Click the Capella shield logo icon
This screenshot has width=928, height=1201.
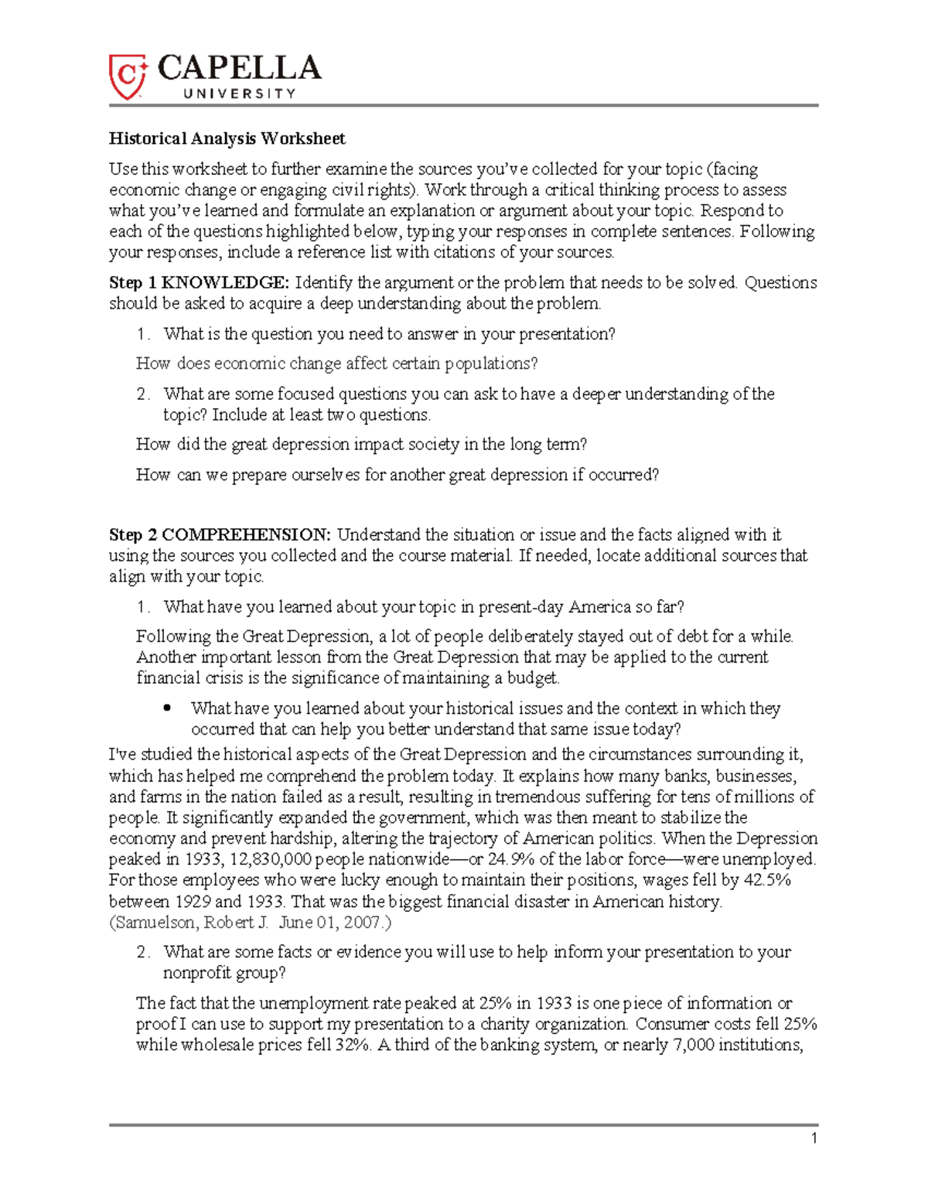[127, 77]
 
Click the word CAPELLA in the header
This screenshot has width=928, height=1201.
[239, 69]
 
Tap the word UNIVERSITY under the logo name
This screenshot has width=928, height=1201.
[239, 94]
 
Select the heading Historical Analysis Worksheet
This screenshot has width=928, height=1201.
[227, 138]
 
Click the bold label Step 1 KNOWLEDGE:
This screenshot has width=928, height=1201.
[199, 282]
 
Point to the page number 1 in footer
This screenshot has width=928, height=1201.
[814, 1138]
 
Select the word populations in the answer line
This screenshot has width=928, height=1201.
[493, 363]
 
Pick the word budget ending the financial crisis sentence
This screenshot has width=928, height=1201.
[532, 678]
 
